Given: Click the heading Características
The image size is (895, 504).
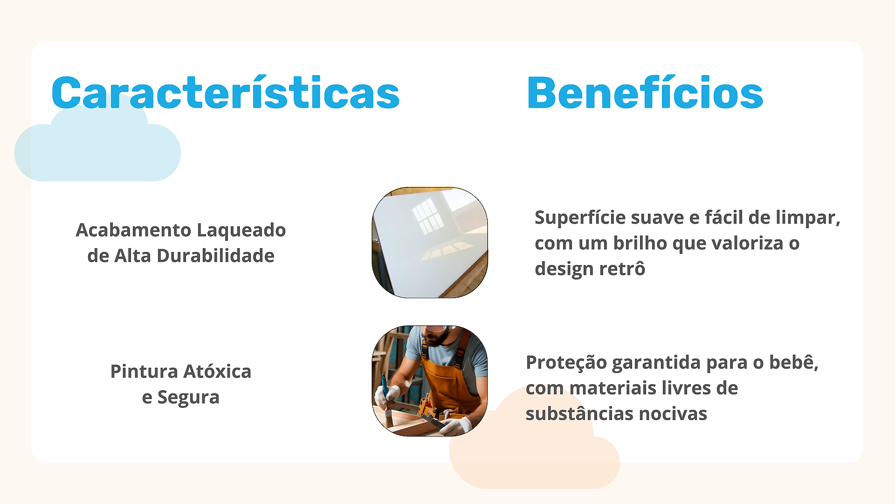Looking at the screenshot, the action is point(226,92).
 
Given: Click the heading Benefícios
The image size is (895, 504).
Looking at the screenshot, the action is point(645,92).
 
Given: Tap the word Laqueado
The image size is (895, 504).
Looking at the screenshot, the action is point(241,231).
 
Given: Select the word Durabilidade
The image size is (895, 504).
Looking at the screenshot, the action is point(215,256).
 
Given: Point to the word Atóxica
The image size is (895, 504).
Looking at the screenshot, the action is point(217,371).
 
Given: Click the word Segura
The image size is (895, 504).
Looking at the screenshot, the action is point(188,398).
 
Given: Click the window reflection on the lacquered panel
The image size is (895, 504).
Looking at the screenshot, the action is point(428,216).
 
